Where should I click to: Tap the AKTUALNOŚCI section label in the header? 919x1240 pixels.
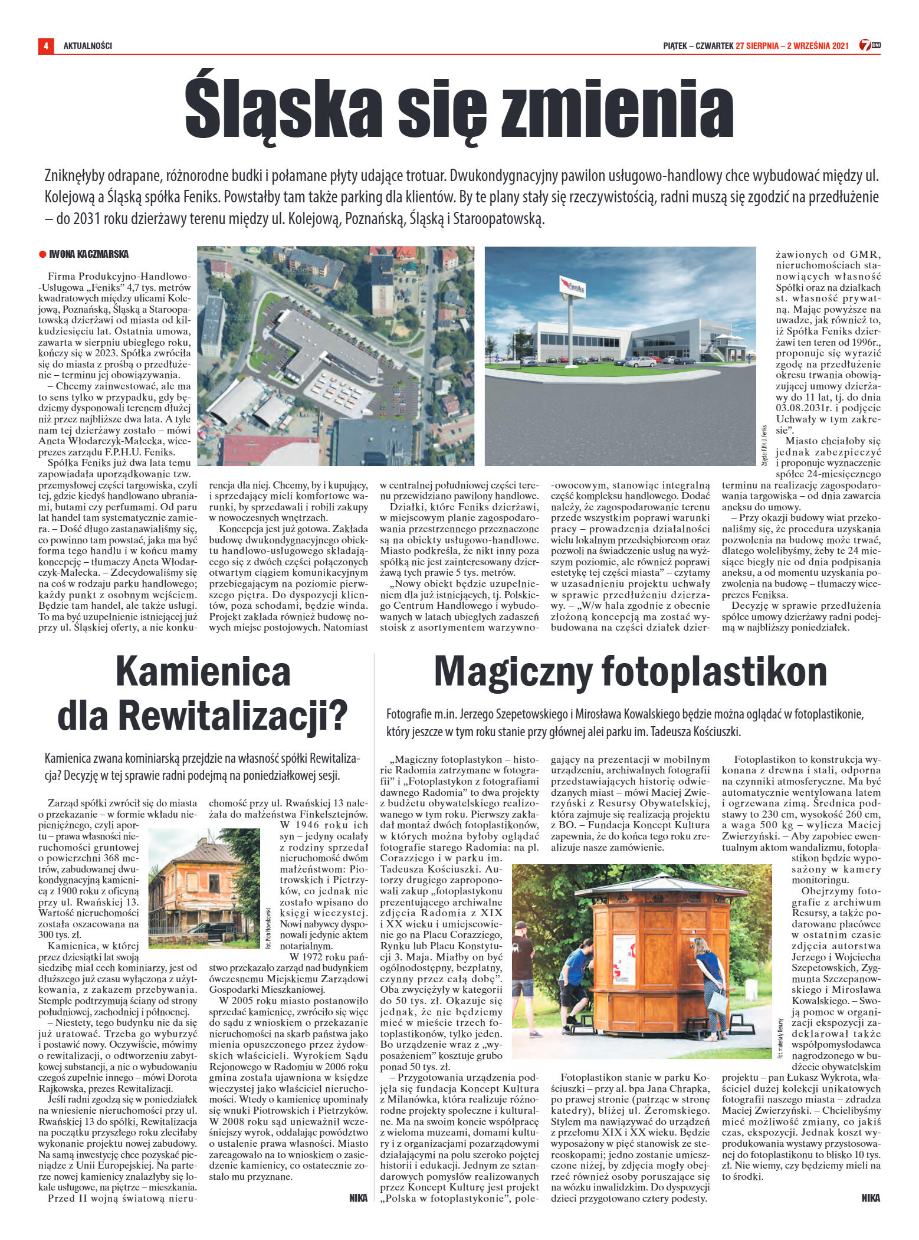click(x=88, y=45)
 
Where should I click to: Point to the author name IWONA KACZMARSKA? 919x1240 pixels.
click(x=89, y=254)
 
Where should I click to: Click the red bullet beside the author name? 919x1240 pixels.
click(x=42, y=254)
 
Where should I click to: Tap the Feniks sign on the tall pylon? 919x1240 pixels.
click(x=572, y=288)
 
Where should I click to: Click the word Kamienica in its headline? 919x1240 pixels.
click(x=203, y=671)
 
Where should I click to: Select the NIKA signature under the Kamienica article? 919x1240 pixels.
click(x=358, y=1198)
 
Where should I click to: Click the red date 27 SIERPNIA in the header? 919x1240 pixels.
click(x=757, y=45)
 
